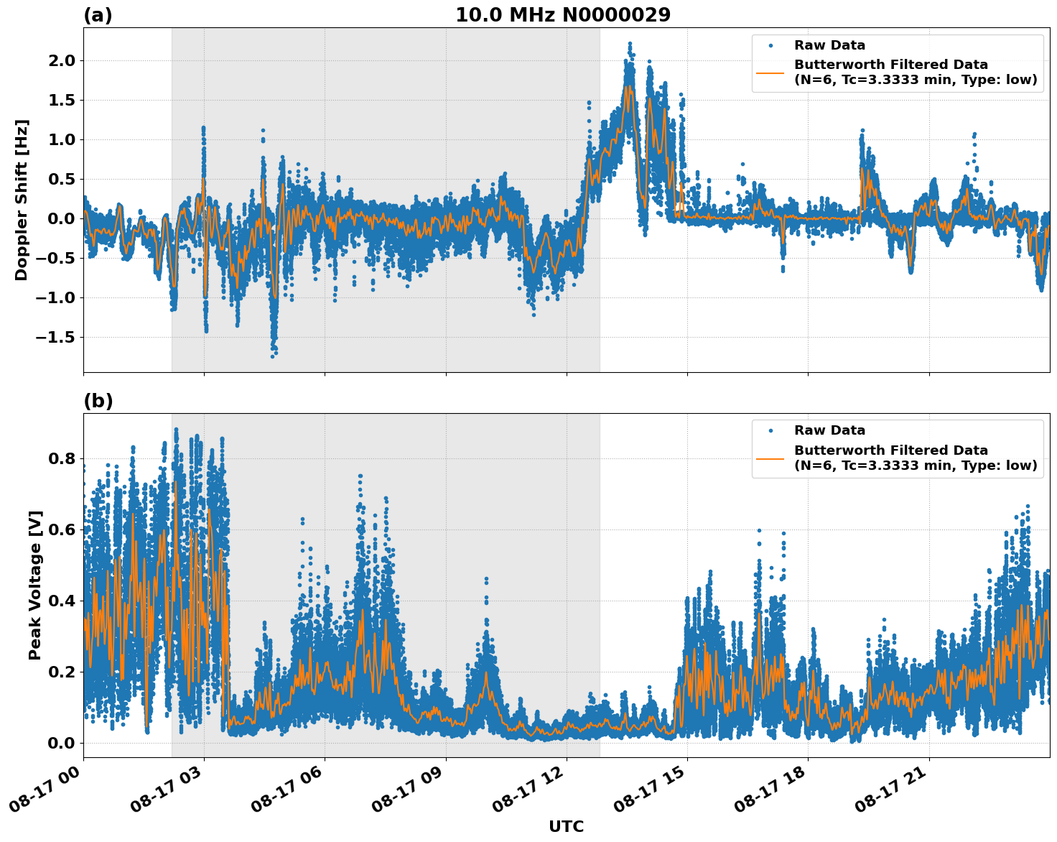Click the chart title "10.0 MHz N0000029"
pos(563,15)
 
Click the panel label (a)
pos(98,15)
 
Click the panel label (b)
pos(98,401)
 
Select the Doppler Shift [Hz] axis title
pos(22,200)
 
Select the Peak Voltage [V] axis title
pos(35,585)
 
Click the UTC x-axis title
pos(566,826)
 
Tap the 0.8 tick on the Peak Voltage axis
pos(62,458)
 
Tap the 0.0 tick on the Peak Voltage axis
pos(62,743)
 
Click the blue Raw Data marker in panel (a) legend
pos(770,45)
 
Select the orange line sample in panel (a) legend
pos(770,72)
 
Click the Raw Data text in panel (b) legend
pos(829,430)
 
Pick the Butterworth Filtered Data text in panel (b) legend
pos(890,450)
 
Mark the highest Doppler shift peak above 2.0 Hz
pos(630,45)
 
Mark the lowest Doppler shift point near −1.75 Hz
pos(273,356)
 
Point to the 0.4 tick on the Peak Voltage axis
pos(62,601)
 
